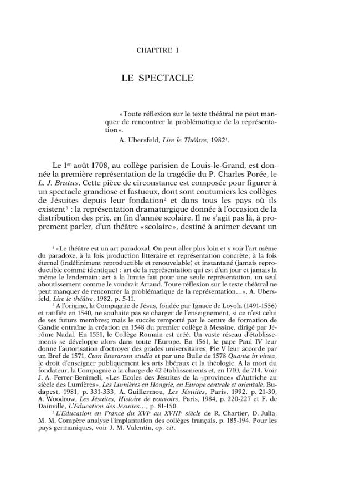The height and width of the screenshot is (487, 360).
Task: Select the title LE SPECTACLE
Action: [x=157, y=78]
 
